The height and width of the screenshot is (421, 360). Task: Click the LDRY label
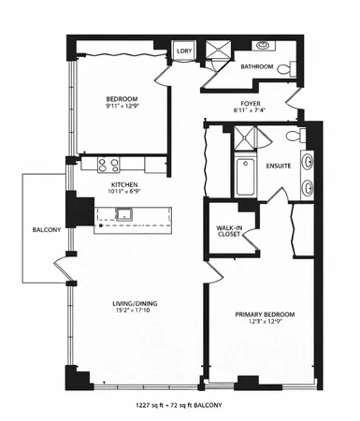click(185, 52)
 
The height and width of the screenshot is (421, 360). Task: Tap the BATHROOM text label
click(257, 67)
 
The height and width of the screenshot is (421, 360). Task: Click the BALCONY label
click(46, 229)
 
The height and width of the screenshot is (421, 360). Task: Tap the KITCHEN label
click(125, 185)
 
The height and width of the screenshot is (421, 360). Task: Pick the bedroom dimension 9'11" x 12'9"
click(122, 108)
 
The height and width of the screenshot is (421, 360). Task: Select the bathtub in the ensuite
click(245, 178)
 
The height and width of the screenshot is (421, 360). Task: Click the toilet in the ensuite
click(293, 138)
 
